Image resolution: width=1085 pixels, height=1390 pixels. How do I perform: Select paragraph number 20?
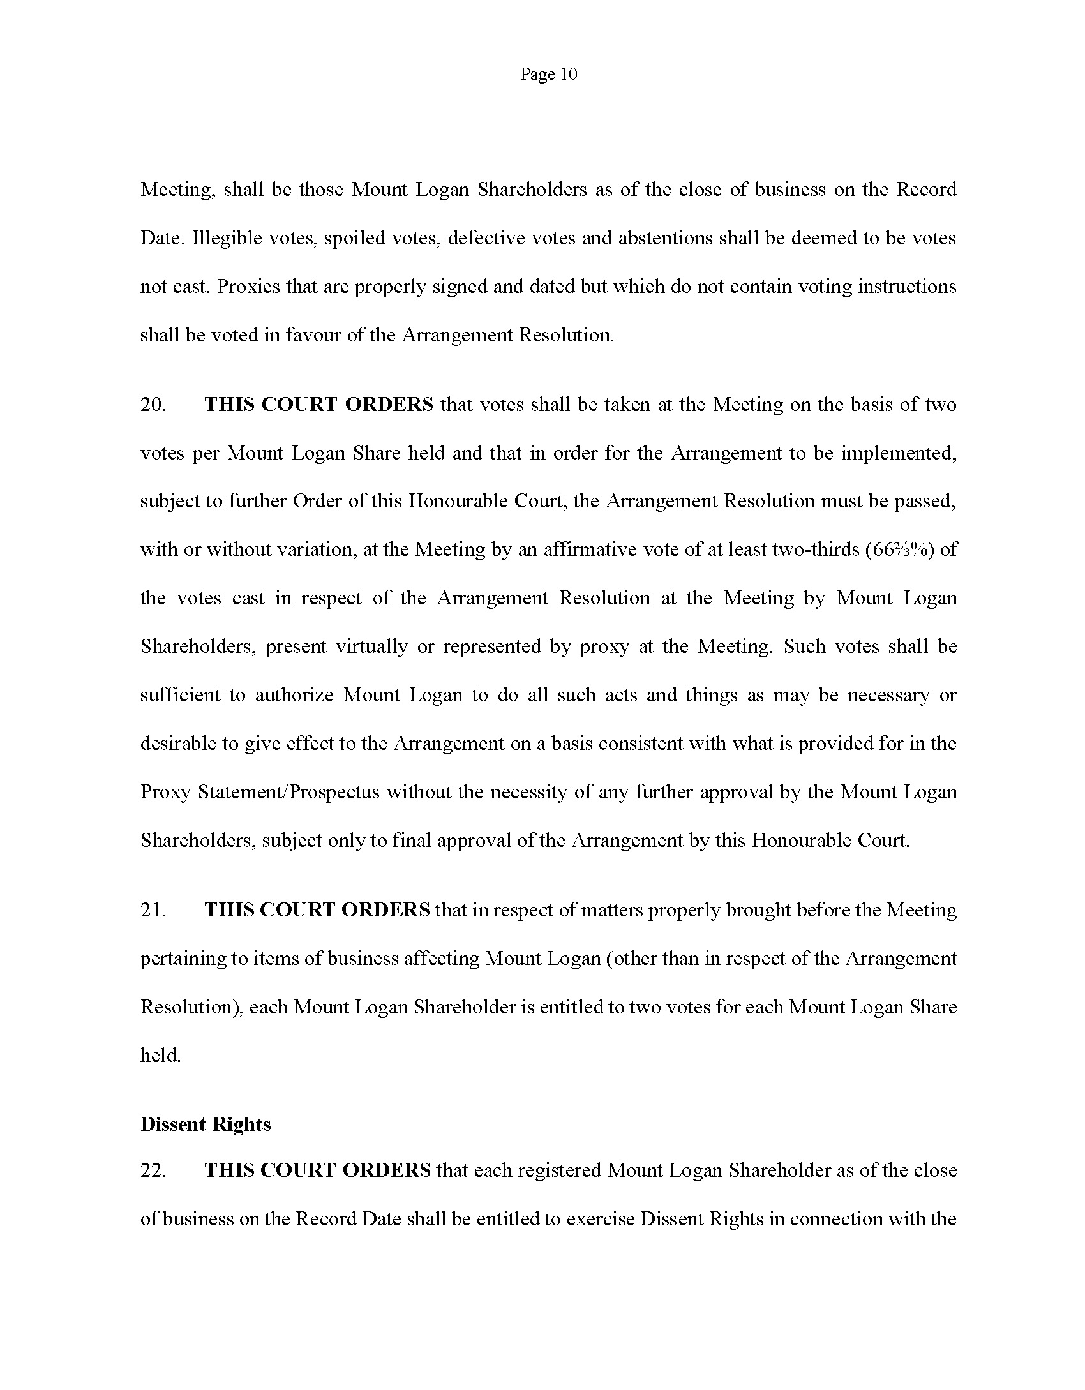pyautogui.click(x=153, y=405)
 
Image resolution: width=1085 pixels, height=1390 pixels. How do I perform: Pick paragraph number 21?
pyautogui.click(x=153, y=910)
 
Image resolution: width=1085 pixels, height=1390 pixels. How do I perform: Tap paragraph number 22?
pyautogui.click(x=153, y=1170)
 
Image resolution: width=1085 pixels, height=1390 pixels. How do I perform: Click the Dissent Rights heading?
pyautogui.click(x=206, y=1125)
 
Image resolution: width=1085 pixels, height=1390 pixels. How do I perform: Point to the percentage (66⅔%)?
pyautogui.click(x=901, y=549)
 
